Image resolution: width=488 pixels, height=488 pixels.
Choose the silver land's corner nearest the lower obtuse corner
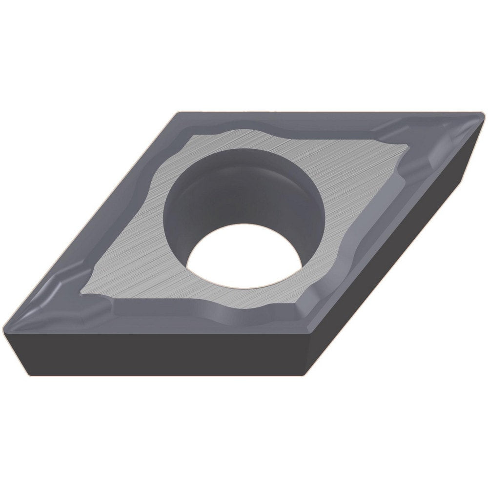(298, 305)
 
